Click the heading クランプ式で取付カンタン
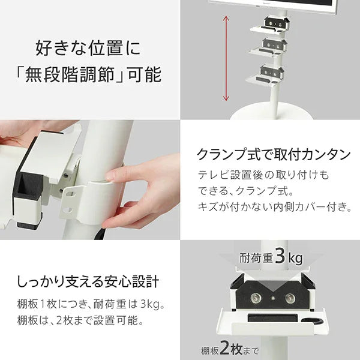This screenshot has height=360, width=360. (x=274, y=154)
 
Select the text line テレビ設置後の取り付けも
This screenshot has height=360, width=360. (x=263, y=175)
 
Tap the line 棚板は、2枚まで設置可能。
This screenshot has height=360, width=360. (x=79, y=320)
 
